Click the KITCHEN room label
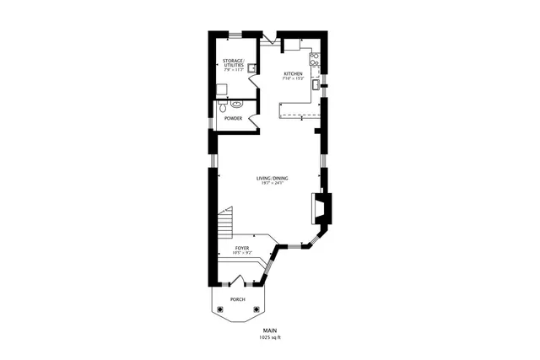click(x=293, y=73)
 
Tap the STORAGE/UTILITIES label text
click(x=234, y=64)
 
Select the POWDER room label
click(x=234, y=118)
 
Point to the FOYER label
click(x=242, y=248)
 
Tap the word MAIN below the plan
click(x=270, y=330)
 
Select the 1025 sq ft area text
click(x=271, y=338)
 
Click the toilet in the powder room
click(x=222, y=107)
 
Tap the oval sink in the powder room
click(x=237, y=105)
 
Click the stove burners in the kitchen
click(x=314, y=58)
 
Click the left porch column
click(x=220, y=309)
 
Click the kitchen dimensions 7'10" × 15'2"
click(x=293, y=78)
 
